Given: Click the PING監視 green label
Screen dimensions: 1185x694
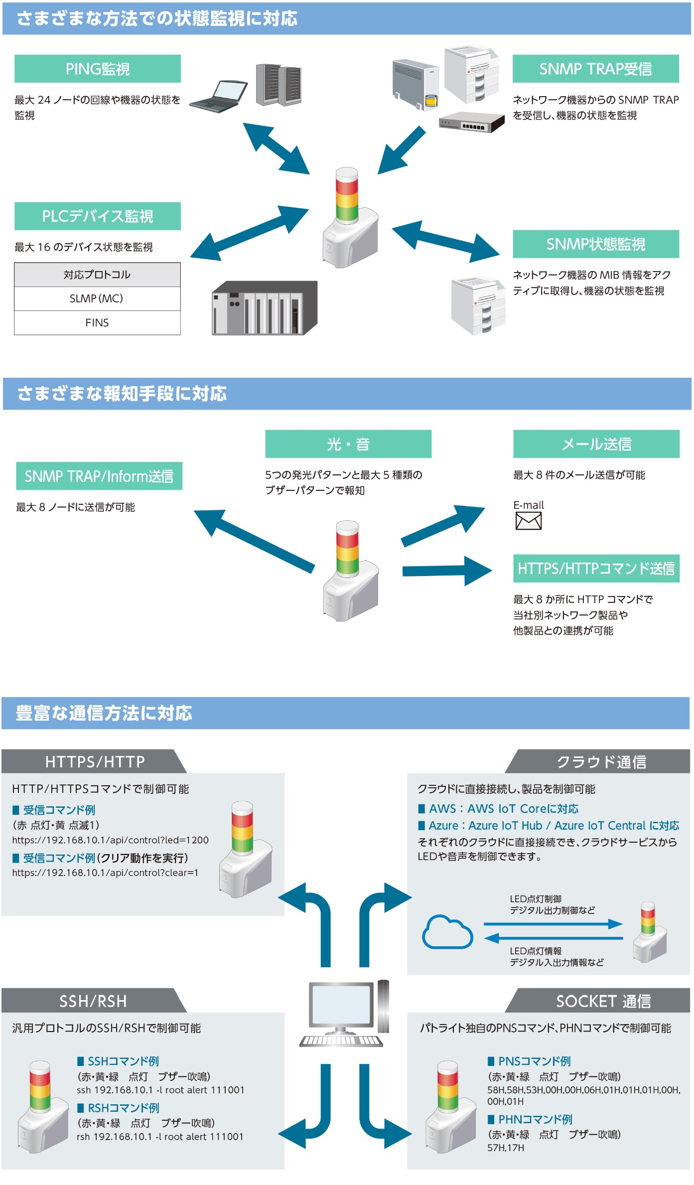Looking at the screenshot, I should (97, 69).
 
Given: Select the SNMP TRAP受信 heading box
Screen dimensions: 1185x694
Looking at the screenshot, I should (595, 69).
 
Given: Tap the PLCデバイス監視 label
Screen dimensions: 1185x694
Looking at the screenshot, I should (97, 216).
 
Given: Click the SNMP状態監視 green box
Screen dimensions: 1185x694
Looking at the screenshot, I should (595, 244).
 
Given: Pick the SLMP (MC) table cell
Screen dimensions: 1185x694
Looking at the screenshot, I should (97, 298).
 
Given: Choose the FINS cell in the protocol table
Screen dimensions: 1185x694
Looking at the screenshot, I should (97, 323).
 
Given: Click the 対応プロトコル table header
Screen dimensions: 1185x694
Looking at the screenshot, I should (97, 275).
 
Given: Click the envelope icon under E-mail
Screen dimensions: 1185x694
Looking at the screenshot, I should (528, 521).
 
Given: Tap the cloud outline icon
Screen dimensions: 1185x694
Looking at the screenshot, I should (447, 932).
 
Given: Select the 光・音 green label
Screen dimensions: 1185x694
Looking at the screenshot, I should (348, 444).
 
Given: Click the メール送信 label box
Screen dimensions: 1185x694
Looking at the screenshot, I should (596, 444).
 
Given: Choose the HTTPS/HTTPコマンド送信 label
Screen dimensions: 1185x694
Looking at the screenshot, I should (596, 568).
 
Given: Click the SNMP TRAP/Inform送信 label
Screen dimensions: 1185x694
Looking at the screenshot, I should (99, 476).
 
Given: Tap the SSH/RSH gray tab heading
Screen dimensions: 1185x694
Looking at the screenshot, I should (93, 1001).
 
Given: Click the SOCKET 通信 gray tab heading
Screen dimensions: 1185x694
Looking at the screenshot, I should (603, 1001).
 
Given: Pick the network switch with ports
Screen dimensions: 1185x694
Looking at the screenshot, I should (471, 122).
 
